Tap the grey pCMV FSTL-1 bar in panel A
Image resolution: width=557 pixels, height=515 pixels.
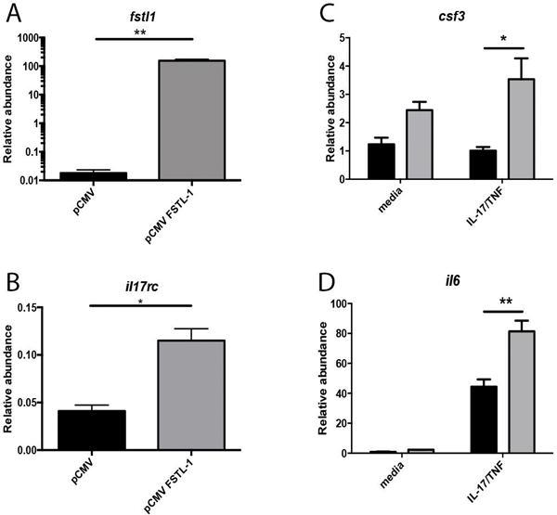[191, 120]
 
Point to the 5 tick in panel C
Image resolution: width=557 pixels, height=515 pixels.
[344, 38]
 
